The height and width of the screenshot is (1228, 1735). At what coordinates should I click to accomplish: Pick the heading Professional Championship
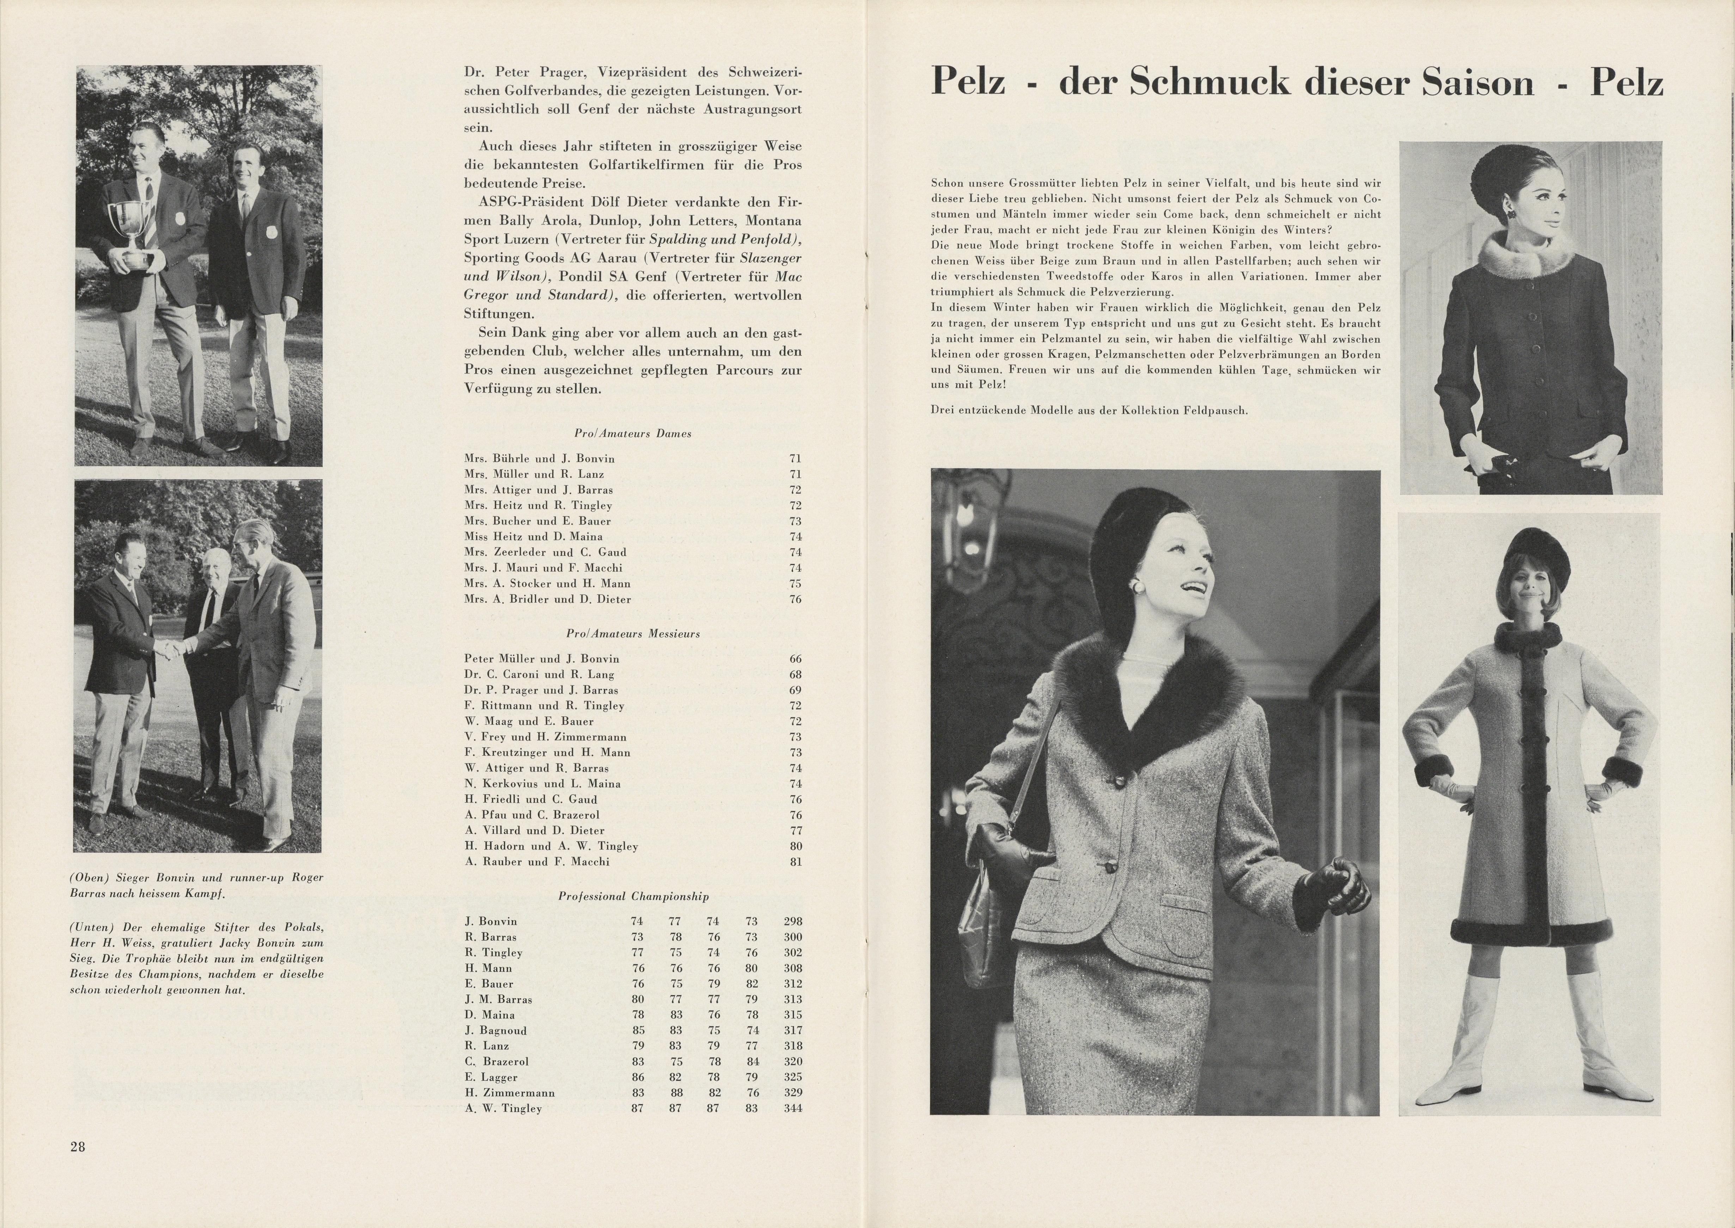coord(633,896)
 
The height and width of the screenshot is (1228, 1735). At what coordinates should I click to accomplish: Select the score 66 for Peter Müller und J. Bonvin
coord(795,659)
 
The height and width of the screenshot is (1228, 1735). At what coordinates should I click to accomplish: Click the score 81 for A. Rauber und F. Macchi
coord(795,861)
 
